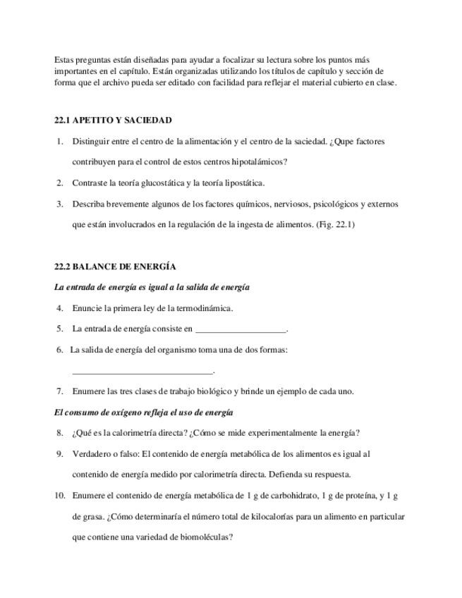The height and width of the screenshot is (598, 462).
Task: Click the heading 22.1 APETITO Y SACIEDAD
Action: coord(113,121)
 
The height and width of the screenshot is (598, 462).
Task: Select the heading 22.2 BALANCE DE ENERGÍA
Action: coord(115,267)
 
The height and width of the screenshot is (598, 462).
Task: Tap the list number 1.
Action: coord(60,142)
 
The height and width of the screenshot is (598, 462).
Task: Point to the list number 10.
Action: coord(59,496)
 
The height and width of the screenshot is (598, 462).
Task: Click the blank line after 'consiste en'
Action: coord(241,329)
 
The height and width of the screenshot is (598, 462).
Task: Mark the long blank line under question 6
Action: coord(142,371)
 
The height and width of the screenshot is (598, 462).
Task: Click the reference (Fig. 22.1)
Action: coord(335,225)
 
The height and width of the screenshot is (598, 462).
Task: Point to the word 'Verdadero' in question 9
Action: coord(91,454)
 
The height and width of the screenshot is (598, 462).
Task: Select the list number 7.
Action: coord(60,391)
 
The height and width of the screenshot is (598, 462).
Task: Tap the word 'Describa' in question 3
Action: coord(88,205)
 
